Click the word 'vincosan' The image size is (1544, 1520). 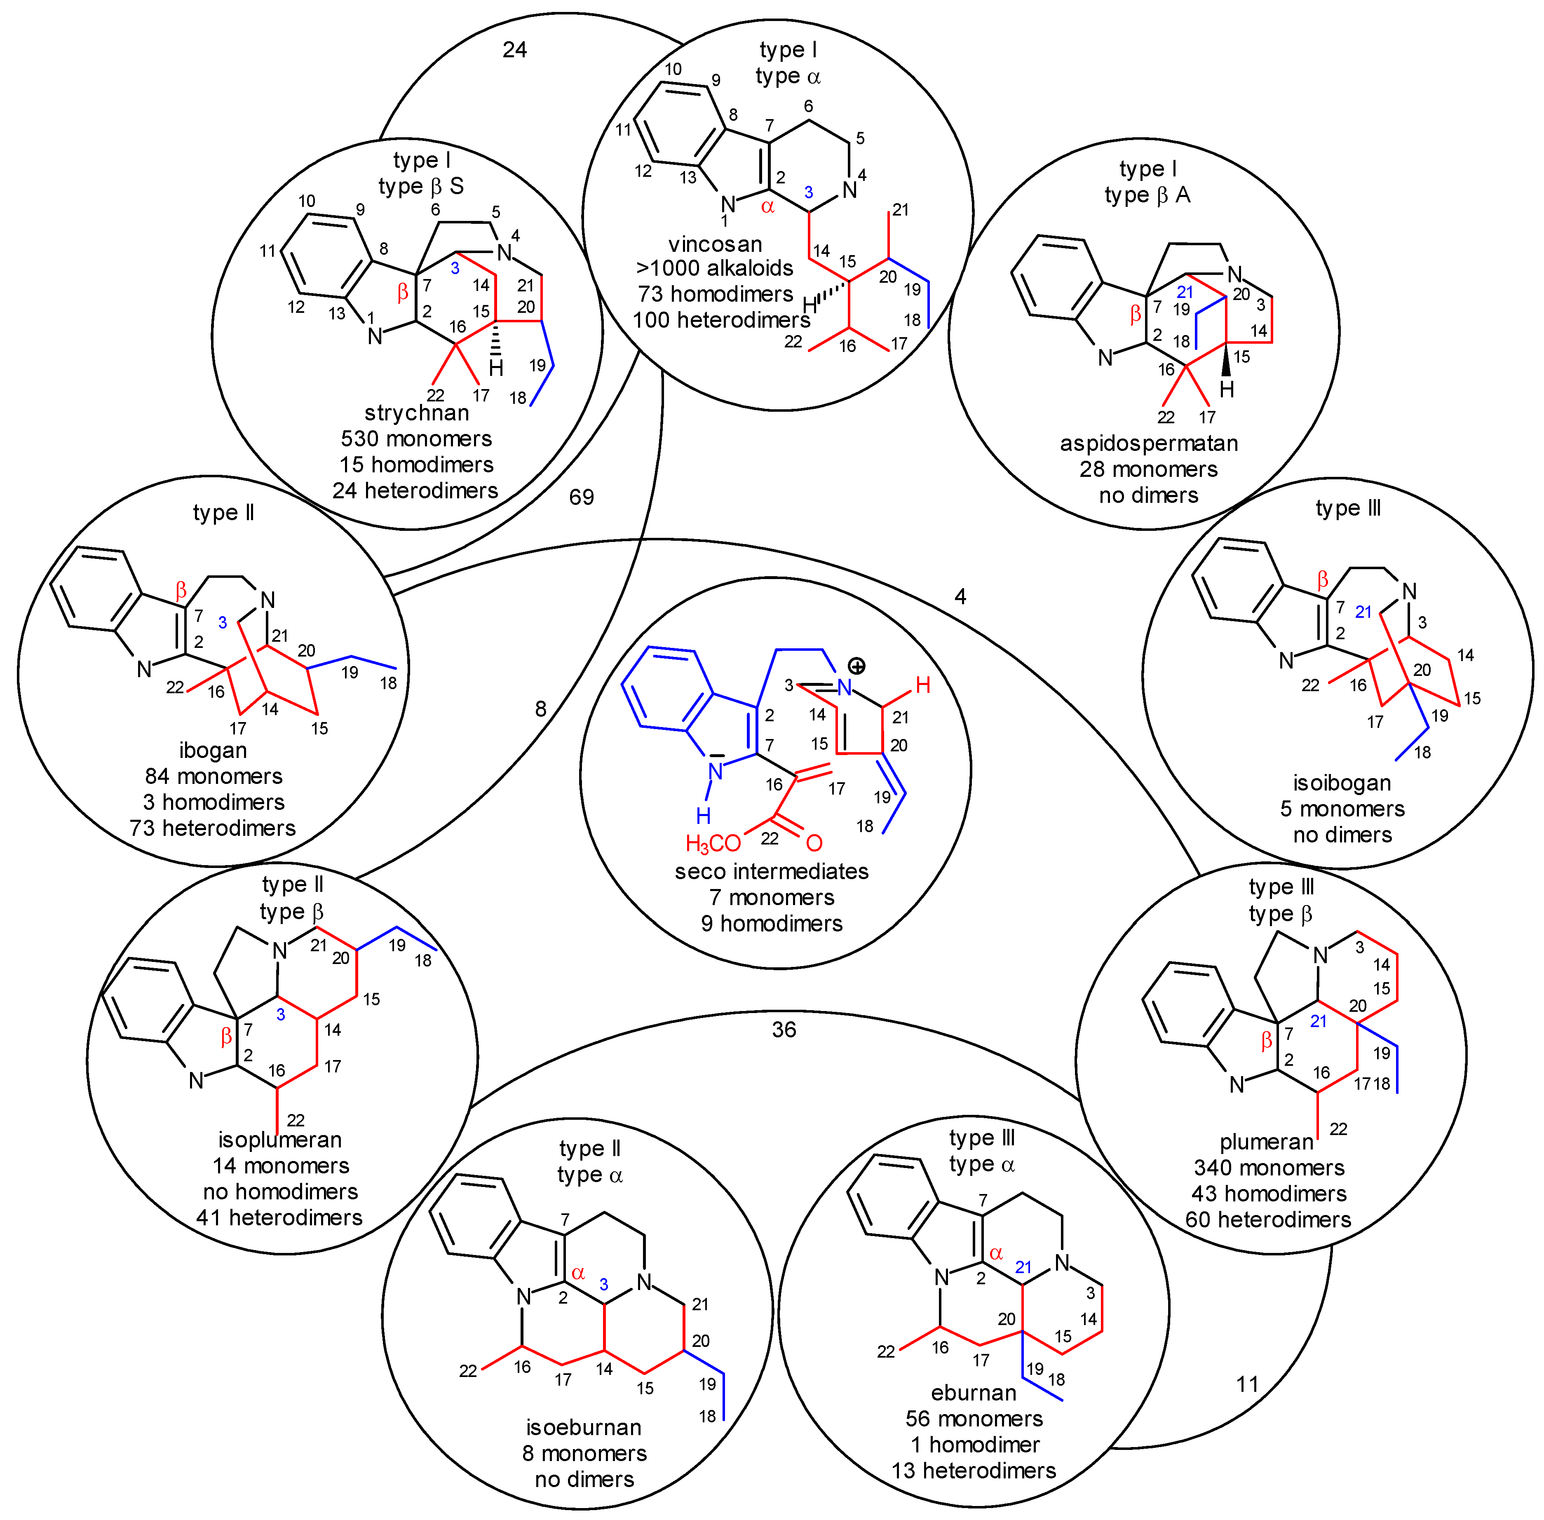pyautogui.click(x=715, y=244)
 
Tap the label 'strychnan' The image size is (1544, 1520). pyautogui.click(x=417, y=413)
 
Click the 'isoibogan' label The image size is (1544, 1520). pyautogui.click(x=1342, y=782)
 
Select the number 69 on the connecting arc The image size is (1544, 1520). pyautogui.click(x=581, y=497)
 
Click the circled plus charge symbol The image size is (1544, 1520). pyautogui.click(x=856, y=666)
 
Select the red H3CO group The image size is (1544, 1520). pyautogui.click(x=713, y=843)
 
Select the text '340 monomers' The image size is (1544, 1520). pyautogui.click(x=1269, y=1168)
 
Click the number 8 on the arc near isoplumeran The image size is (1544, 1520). pyautogui.click(x=540, y=709)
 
